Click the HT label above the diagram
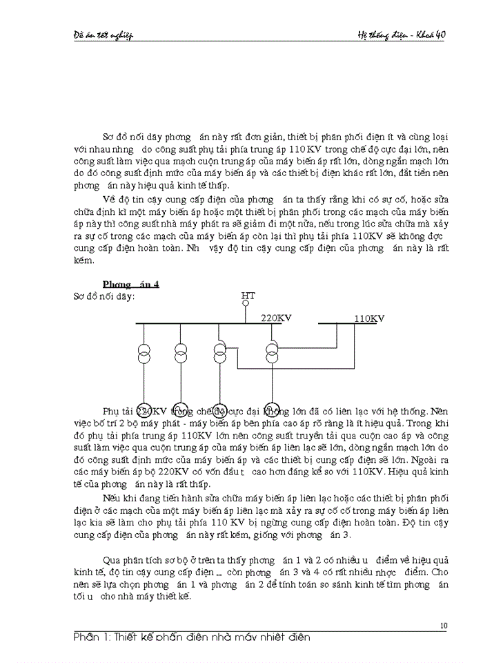[248, 296]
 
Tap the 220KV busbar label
[276, 318]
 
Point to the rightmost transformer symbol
[273, 351]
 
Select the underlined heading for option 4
[131, 285]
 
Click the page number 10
[444, 626]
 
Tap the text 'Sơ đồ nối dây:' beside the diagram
[103, 296]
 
